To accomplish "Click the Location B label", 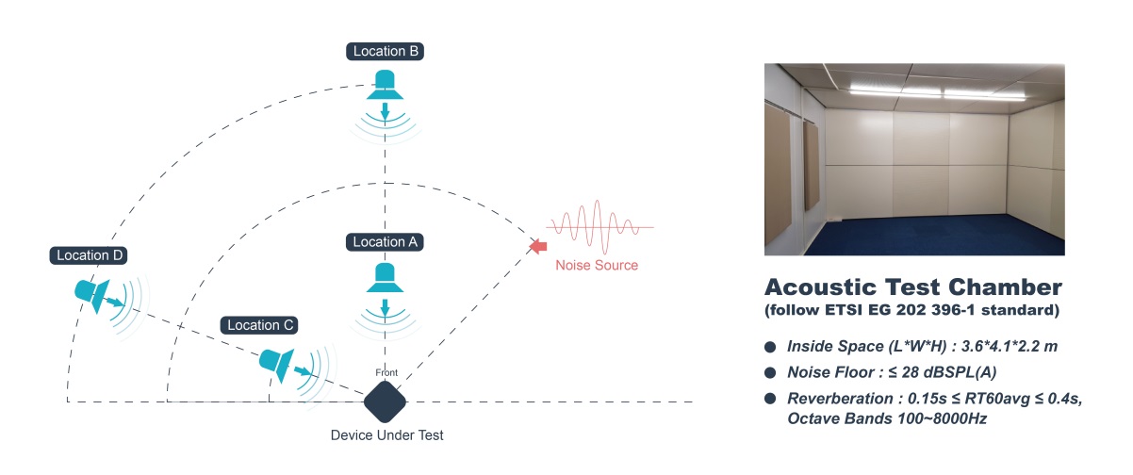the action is click(385, 51).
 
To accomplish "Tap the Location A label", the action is click(385, 242).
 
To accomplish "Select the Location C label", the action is click(259, 325).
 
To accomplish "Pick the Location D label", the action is click(89, 255).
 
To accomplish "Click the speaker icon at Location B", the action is click(385, 85).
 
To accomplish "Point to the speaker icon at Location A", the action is click(385, 277).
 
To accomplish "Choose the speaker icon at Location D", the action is click(92, 294).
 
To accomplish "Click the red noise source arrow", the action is click(538, 247).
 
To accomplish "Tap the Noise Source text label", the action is click(597, 265).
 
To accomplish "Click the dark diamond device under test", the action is click(385, 401).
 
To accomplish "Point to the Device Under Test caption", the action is click(387, 435).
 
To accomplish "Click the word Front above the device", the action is click(386, 372).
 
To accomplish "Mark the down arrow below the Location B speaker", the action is click(385, 111).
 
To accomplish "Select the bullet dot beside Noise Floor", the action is click(770, 373).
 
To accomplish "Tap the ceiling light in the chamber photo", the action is click(937, 93).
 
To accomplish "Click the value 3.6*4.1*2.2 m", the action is click(1010, 347).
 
